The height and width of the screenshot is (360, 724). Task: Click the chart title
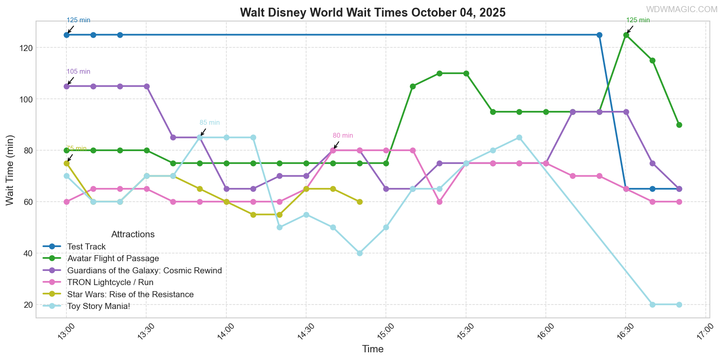click(373, 13)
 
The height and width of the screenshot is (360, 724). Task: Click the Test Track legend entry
click(86, 247)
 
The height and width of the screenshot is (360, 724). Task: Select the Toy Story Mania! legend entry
click(98, 306)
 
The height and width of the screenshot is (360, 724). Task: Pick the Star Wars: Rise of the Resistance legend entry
click(130, 294)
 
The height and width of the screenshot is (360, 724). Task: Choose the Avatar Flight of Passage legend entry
click(113, 258)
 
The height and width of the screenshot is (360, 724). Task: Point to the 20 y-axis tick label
click(28, 305)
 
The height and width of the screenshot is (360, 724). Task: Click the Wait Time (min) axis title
click(10, 170)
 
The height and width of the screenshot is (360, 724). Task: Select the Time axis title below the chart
click(373, 349)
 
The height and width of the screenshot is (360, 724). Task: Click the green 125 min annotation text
click(638, 20)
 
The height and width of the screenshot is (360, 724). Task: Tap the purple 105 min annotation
click(78, 72)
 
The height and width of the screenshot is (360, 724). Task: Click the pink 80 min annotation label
click(343, 136)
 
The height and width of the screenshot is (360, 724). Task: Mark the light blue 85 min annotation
click(210, 123)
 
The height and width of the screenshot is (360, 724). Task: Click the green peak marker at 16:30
click(626, 35)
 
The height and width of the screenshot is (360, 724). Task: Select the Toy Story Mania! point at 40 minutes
click(360, 253)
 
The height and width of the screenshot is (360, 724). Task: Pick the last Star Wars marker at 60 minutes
click(360, 202)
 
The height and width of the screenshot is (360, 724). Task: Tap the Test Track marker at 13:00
click(66, 35)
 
